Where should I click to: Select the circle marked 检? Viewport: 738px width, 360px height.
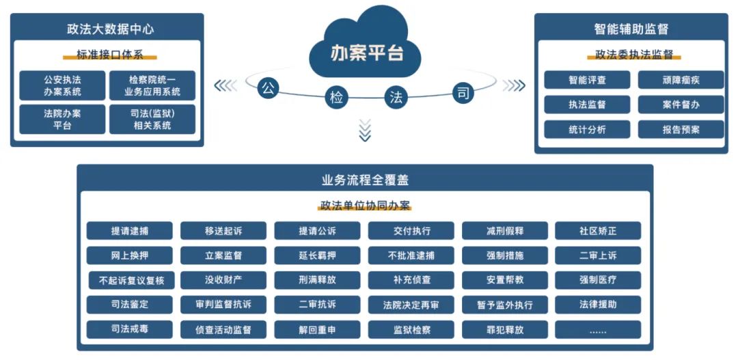point(336,97)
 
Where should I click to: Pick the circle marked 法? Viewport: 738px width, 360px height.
point(395,97)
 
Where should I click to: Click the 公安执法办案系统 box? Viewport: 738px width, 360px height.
point(62,85)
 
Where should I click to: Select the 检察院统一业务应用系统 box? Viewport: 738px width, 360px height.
point(152,85)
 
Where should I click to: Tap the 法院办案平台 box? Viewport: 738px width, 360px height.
point(62,119)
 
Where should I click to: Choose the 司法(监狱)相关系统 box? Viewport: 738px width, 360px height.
point(152,119)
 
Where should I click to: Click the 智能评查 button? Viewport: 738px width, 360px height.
point(587,80)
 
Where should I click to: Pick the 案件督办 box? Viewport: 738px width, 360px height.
point(681,105)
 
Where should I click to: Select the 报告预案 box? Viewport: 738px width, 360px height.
point(681,129)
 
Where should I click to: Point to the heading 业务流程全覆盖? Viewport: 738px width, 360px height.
point(365,180)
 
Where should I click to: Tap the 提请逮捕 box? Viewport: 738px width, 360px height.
point(129,231)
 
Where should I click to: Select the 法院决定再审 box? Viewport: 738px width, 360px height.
point(411,305)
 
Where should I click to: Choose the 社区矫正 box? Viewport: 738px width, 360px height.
point(598,231)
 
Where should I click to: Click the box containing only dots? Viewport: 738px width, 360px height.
point(598,330)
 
